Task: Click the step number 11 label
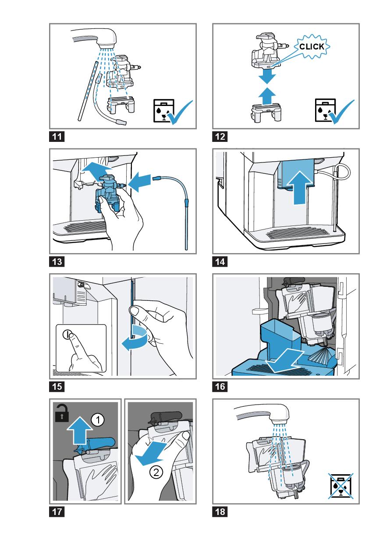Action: pyautogui.click(x=57, y=137)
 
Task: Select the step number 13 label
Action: pyautogui.click(x=57, y=263)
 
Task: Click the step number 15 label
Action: pyautogui.click(x=57, y=388)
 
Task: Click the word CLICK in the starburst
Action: pyautogui.click(x=312, y=46)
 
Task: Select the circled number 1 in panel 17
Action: pyautogui.click(x=98, y=420)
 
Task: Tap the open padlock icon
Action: pyautogui.click(x=61, y=413)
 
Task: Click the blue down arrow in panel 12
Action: pyautogui.click(x=266, y=78)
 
